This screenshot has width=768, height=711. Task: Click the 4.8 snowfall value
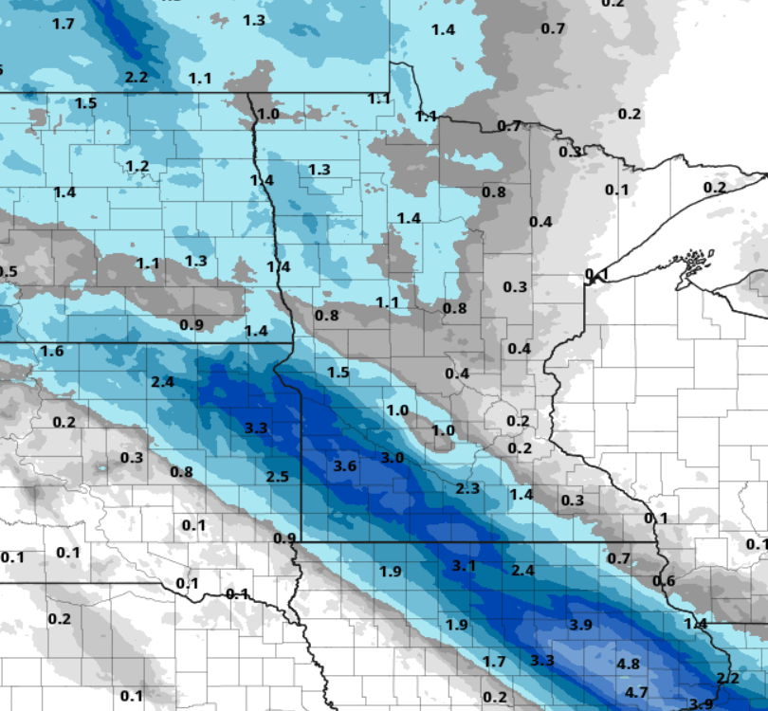(628, 664)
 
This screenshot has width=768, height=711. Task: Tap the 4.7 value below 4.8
(636, 693)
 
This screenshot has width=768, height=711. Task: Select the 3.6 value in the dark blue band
(345, 465)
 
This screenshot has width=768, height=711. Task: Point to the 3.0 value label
(393, 458)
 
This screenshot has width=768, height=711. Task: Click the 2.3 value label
(467, 489)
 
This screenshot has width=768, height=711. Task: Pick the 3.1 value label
(463, 566)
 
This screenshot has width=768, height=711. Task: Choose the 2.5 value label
(277, 476)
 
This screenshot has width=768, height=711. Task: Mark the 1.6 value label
(52, 352)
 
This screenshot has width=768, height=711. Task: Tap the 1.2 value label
(137, 167)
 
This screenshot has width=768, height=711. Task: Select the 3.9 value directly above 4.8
(580, 625)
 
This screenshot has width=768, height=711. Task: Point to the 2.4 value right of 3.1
(523, 570)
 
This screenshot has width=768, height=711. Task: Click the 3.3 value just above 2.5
(256, 428)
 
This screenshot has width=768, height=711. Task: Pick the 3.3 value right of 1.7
(542, 660)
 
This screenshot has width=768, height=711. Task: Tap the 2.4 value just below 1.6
(162, 382)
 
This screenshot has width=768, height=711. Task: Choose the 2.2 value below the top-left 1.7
(137, 77)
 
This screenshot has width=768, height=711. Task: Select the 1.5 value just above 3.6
(338, 373)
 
